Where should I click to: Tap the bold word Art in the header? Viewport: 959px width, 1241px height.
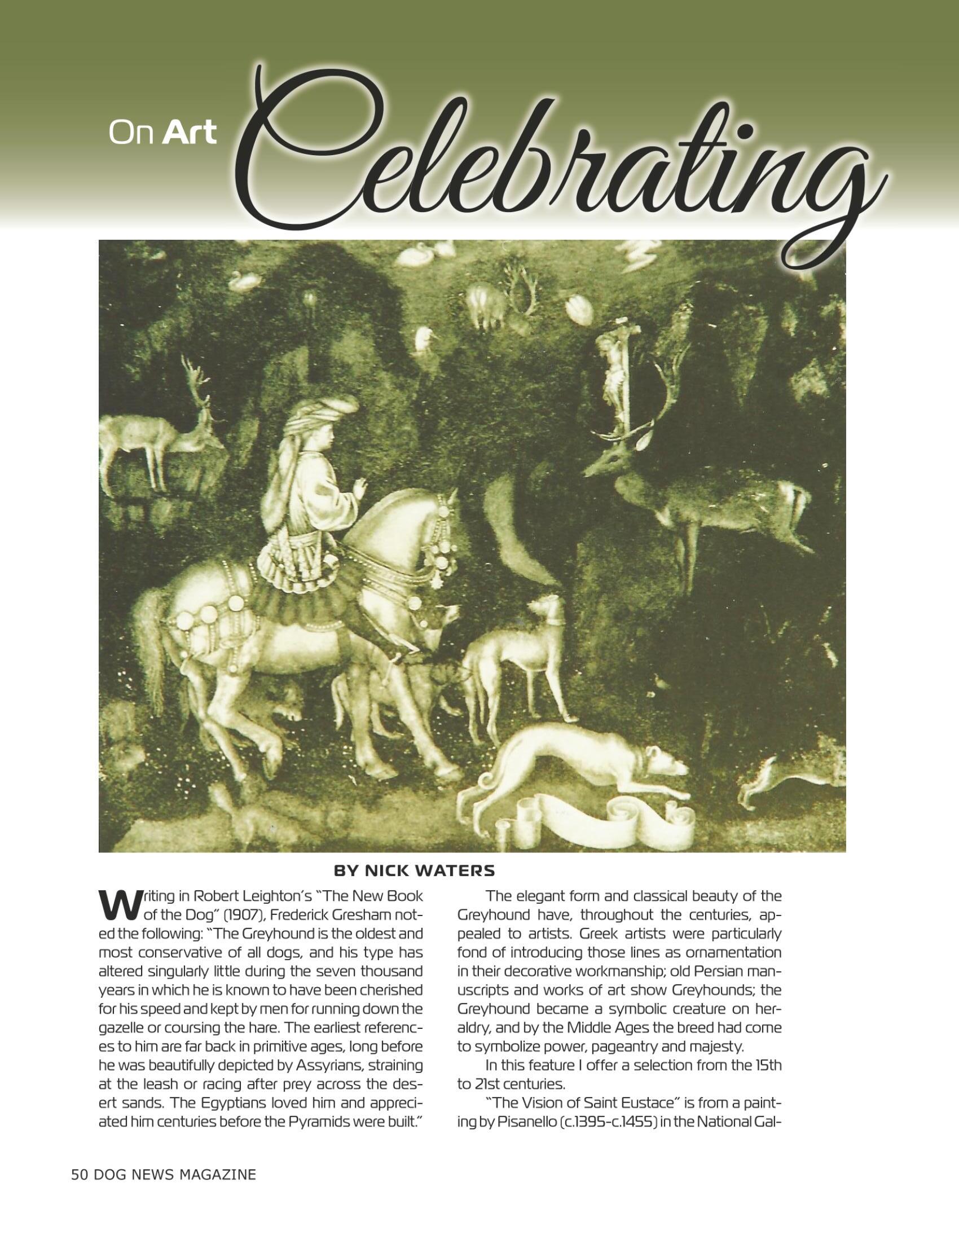[189, 133]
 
